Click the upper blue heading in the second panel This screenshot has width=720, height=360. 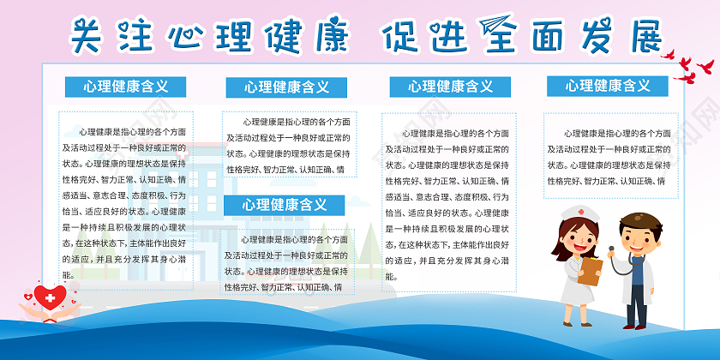tap(285, 87)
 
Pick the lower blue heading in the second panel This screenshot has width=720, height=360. tap(284, 205)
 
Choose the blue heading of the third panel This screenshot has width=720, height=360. tap(450, 87)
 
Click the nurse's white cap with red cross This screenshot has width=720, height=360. tap(575, 213)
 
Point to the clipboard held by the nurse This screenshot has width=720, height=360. tap(591, 269)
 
